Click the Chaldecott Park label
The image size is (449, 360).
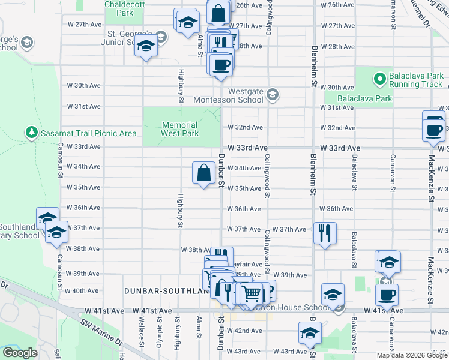pyautogui.click(x=119, y=8)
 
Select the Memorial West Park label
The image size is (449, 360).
pyautogui.click(x=180, y=129)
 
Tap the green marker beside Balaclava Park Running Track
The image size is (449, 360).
pyautogui.click(x=379, y=78)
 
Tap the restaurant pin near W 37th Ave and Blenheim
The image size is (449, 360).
pyautogui.click(x=325, y=232)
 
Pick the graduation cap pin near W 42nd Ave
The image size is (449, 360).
pyautogui.click(x=310, y=333)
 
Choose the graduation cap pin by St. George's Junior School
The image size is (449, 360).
pyautogui.click(x=146, y=46)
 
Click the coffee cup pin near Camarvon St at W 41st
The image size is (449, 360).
pyautogui.click(x=387, y=295)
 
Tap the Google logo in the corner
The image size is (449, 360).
pyautogui.click(x=20, y=353)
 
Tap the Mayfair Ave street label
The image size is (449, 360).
pyautogui.click(x=247, y=264)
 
